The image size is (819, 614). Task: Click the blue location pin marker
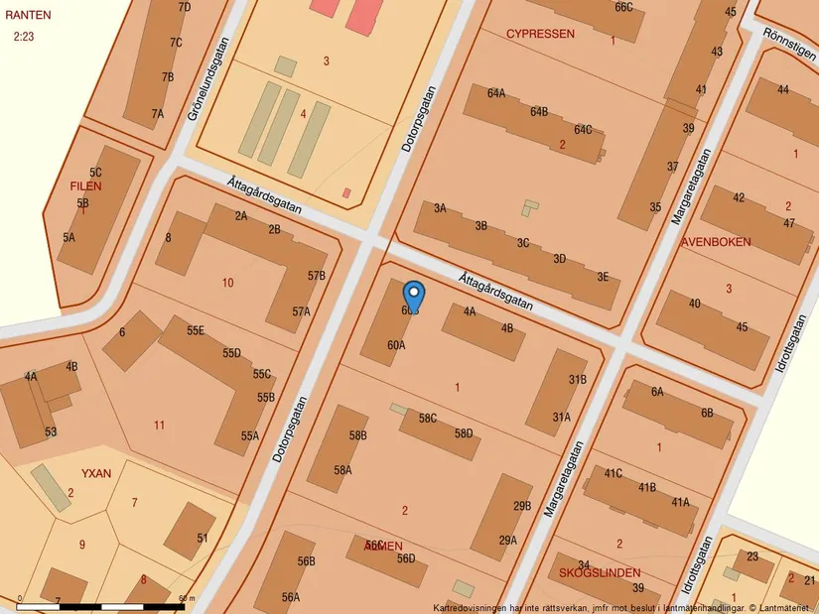[414, 296]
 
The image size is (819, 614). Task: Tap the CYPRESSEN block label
[540, 34]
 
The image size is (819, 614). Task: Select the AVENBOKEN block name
[716, 242]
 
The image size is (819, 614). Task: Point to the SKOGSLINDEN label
[600, 573]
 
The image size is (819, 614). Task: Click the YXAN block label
[96, 473]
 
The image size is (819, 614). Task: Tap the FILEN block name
[85, 186]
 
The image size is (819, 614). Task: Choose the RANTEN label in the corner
[28, 16]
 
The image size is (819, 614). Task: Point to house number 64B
[539, 112]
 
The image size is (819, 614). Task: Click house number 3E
[603, 278]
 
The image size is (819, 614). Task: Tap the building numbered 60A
[396, 345]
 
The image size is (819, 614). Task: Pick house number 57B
[317, 276]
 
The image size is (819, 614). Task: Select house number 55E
[195, 330]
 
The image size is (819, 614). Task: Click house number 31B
[577, 380]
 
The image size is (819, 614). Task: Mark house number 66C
[623, 7]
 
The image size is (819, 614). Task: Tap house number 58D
[464, 433]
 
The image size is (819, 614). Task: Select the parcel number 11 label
[159, 426]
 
